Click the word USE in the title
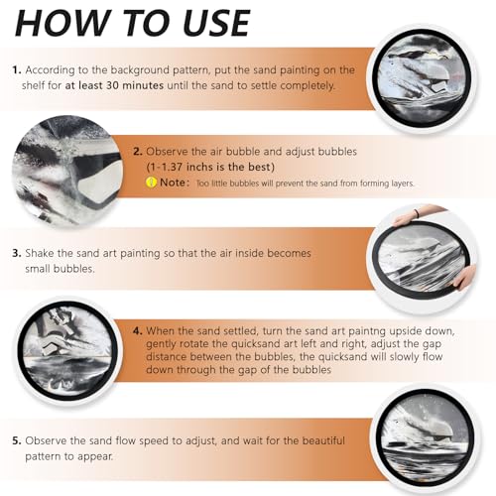pyautogui.click(x=215, y=23)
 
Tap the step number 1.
pyautogui.click(x=17, y=70)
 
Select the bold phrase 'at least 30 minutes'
pyautogui.click(x=114, y=85)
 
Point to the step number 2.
pyautogui.click(x=138, y=152)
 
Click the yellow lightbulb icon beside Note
pyautogui.click(x=151, y=183)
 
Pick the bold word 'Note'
pyautogui.click(x=173, y=183)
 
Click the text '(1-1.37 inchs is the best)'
pyautogui.click(x=210, y=167)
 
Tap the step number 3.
pyautogui.click(x=17, y=253)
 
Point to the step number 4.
pyautogui.click(x=138, y=331)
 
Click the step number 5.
pyautogui.click(x=17, y=440)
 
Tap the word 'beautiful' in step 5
pyautogui.click(x=323, y=440)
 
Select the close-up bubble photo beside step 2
pyautogui.click(x=67, y=171)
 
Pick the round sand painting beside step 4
pyautogui.click(x=67, y=350)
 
